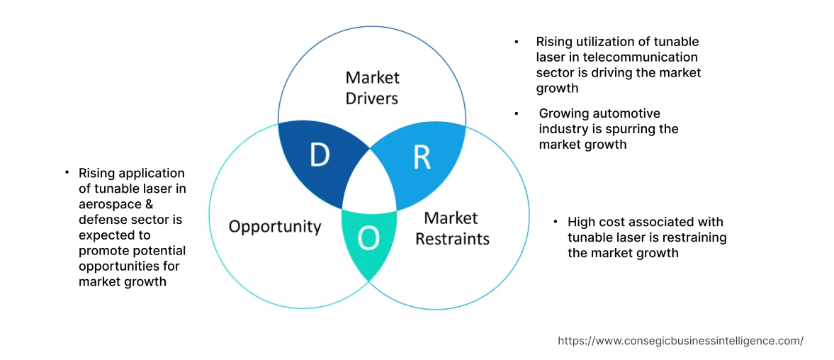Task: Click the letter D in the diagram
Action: tap(320, 155)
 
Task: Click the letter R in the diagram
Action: tap(422, 158)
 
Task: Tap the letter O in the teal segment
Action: tap(368, 239)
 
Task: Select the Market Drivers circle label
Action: tap(372, 87)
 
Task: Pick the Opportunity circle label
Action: tap(274, 227)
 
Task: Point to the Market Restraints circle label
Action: tap(452, 228)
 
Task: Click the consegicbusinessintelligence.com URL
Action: tap(680, 341)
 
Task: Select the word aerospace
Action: tap(109, 204)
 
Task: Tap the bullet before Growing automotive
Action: tap(518, 113)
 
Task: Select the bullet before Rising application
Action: tap(67, 173)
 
